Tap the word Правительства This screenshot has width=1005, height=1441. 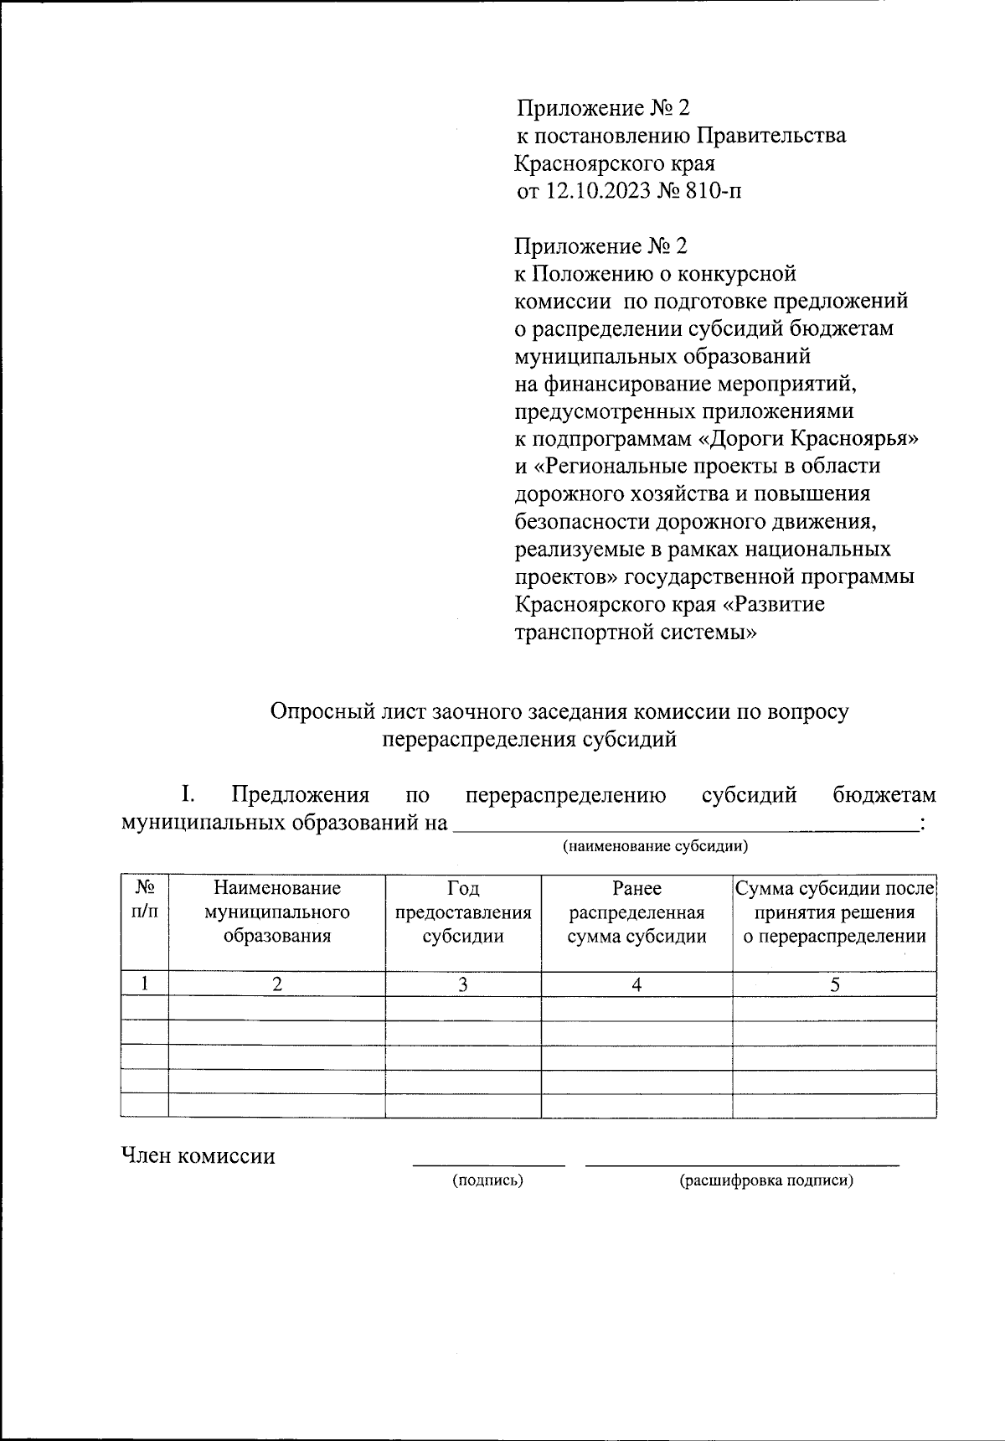tap(771, 135)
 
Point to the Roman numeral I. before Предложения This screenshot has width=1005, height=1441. tap(188, 794)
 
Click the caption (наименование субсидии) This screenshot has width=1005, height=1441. tap(655, 845)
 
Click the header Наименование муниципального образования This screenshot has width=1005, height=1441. tap(277, 912)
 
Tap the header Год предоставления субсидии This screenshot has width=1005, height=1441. tap(463, 912)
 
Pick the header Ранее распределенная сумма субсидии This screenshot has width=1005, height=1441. tap(636, 912)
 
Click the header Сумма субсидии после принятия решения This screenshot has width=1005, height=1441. tap(834, 912)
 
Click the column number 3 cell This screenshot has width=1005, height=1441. tap(463, 985)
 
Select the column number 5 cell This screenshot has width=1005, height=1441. tap(835, 985)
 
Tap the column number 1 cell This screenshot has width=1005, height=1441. tap(145, 985)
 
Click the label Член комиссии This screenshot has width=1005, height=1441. tap(198, 1157)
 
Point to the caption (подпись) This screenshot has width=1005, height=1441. tap(487, 1181)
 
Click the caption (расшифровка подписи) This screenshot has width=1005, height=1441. tap(766, 1181)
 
